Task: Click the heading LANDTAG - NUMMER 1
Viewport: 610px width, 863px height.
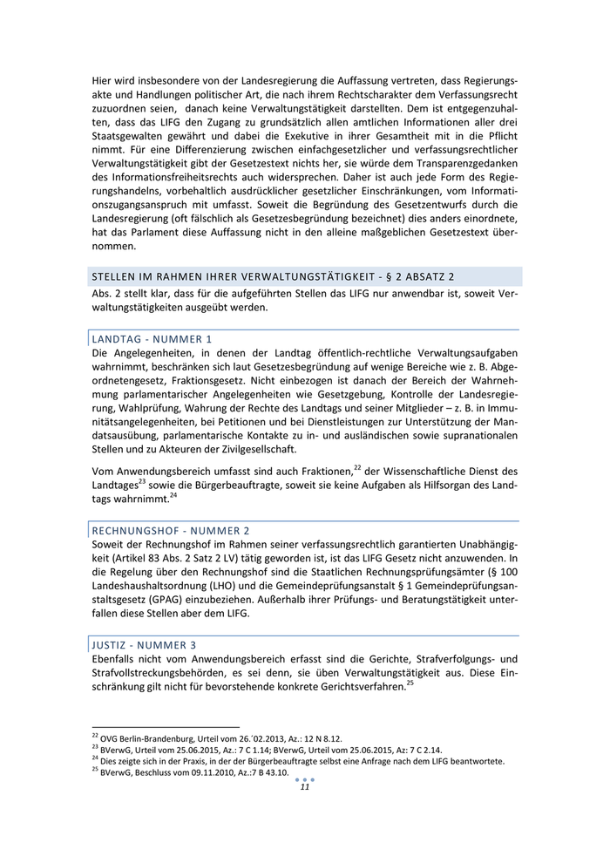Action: [152, 338]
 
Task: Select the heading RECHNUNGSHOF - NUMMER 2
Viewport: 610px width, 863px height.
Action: [170, 530]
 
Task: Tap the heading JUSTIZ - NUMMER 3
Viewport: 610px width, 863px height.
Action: [144, 645]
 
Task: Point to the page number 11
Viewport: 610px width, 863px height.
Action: [305, 787]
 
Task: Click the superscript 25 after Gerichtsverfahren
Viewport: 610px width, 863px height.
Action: [410, 683]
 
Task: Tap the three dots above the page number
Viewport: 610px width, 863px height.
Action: [305, 778]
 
